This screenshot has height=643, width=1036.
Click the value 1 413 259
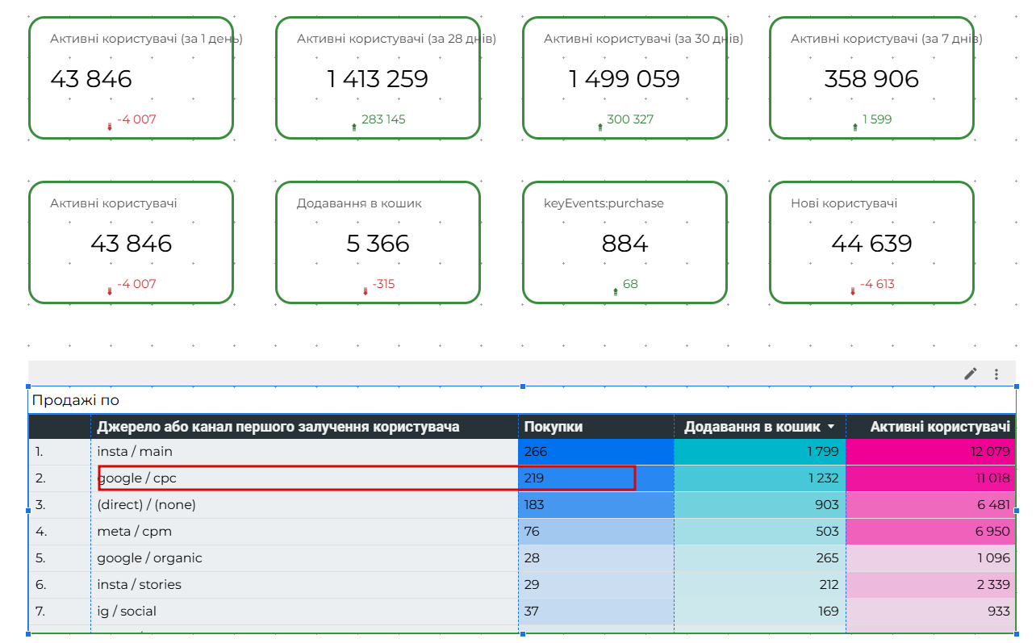pyautogui.click(x=377, y=79)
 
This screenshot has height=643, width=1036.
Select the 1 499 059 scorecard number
pyautogui.click(x=624, y=79)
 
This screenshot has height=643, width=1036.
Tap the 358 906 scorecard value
pyautogui.click(x=871, y=79)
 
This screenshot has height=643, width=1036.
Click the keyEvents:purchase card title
pyautogui.click(x=604, y=203)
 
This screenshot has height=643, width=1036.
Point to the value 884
pyautogui.click(x=625, y=244)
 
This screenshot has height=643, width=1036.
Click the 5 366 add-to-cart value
pyautogui.click(x=378, y=244)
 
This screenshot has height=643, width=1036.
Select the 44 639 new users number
pyautogui.click(x=871, y=244)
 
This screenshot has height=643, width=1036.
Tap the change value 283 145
pyautogui.click(x=383, y=119)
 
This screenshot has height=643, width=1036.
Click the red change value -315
pyautogui.click(x=383, y=284)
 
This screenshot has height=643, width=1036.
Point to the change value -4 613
pyautogui.click(x=876, y=284)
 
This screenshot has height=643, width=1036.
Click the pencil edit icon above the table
pyautogui.click(x=971, y=374)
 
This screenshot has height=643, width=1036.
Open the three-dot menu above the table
pyautogui.click(x=996, y=374)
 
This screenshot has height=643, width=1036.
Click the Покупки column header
pyautogui.click(x=554, y=427)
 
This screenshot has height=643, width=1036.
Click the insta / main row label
pyautogui.click(x=135, y=452)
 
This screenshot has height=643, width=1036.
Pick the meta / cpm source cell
pyautogui.click(x=134, y=532)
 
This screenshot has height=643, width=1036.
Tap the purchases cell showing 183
pyautogui.click(x=534, y=505)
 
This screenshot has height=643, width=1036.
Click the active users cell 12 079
pyautogui.click(x=990, y=452)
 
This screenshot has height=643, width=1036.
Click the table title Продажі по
pyautogui.click(x=76, y=400)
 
